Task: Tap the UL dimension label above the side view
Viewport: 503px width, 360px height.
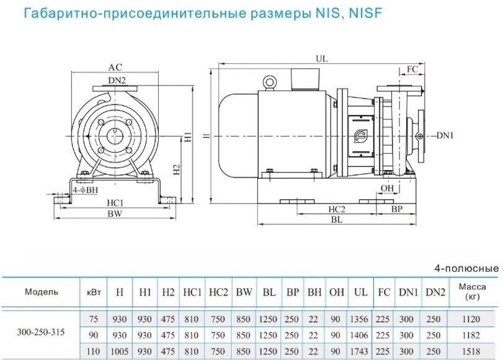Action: click(x=321, y=59)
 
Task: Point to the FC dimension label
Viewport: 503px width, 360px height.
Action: click(x=412, y=70)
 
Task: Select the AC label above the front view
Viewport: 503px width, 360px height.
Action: click(x=115, y=67)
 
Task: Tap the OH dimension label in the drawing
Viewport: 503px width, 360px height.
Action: click(x=388, y=188)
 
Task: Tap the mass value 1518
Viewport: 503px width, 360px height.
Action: click(x=471, y=351)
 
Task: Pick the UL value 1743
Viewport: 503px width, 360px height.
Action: click(x=361, y=351)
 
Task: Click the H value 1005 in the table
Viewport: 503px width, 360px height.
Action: click(x=119, y=351)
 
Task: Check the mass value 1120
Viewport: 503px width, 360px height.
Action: click(x=471, y=320)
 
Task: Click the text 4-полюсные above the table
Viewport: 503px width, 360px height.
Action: click(x=466, y=269)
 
